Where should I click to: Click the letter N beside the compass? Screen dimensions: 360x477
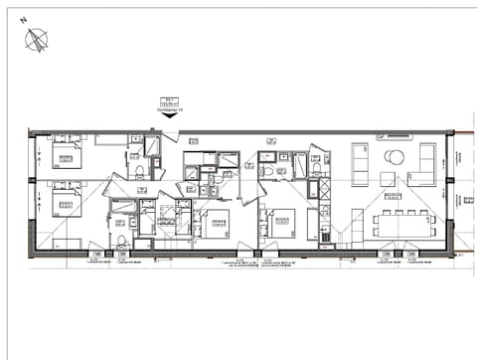tap(23, 33)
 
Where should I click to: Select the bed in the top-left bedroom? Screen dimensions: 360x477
tap(66, 154)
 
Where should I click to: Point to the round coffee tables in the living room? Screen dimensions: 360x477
tap(394, 157)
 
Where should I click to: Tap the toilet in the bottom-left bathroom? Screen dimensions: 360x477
tap(121, 241)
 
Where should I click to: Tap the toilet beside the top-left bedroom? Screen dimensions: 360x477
tap(141, 171)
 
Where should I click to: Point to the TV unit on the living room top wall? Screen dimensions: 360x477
tap(397, 132)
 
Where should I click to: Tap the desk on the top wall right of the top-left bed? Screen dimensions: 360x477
tap(111, 139)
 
